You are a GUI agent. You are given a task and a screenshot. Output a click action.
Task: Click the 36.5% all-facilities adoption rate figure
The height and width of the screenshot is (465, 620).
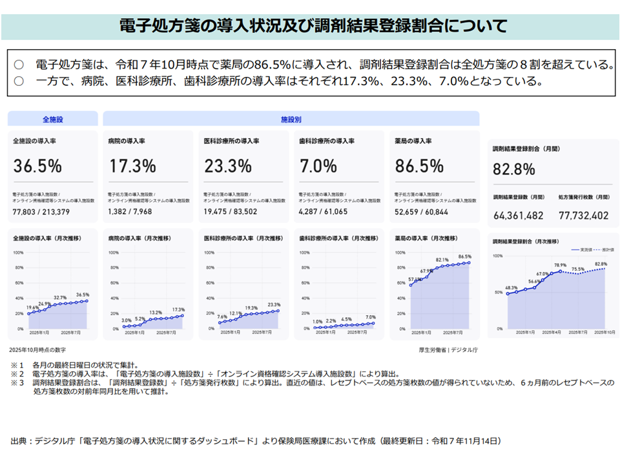point(37,166)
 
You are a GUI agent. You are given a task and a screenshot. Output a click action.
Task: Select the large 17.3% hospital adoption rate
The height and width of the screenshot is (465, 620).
point(132,166)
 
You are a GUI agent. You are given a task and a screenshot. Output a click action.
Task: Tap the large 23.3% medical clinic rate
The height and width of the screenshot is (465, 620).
point(227,166)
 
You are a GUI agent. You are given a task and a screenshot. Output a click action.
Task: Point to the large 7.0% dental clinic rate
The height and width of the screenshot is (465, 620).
point(318,166)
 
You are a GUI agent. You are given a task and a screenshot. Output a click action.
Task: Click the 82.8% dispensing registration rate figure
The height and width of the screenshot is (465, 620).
point(514,170)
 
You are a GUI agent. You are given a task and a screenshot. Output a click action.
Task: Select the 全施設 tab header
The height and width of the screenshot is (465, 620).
point(53,119)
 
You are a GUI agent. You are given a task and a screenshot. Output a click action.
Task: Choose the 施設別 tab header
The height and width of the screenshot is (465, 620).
point(291,119)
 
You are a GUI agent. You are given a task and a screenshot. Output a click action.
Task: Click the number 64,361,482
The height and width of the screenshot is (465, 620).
point(519,215)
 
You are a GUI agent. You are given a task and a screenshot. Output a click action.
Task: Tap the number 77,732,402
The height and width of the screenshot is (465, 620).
point(583,215)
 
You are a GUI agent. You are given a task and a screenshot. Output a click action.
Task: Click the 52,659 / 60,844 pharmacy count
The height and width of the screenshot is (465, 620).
point(421,211)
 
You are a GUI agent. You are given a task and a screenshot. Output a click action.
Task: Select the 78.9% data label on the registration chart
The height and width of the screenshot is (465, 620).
point(560,265)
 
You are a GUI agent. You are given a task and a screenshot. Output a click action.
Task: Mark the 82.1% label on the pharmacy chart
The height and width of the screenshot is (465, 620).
point(442,260)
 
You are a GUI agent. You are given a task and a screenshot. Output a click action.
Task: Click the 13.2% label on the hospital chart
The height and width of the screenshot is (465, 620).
point(156,313)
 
